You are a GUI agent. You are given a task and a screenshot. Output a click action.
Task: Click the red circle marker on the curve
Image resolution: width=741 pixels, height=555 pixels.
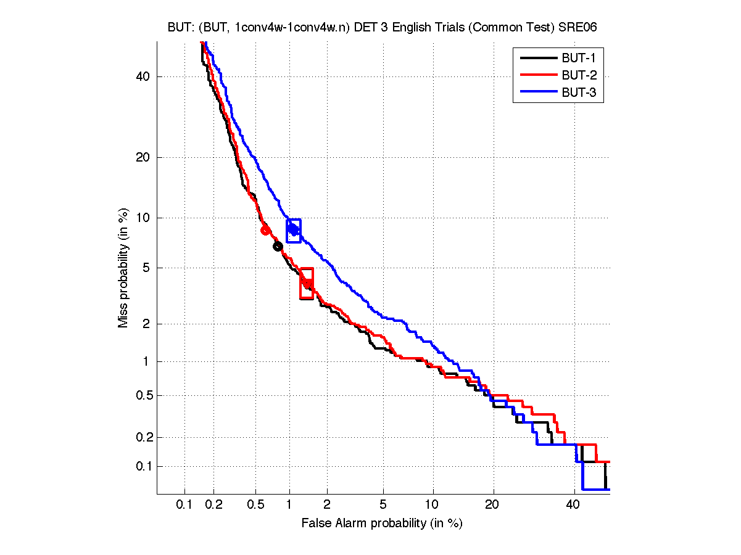pyautogui.click(x=265, y=230)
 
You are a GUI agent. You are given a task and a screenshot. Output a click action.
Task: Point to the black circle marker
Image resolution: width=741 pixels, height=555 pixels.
pyautogui.click(x=278, y=246)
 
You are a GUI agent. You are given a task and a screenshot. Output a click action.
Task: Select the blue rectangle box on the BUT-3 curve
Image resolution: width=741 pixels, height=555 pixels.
pyautogui.click(x=294, y=231)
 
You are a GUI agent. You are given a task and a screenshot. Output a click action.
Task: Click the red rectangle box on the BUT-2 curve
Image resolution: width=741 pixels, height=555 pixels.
pyautogui.click(x=307, y=284)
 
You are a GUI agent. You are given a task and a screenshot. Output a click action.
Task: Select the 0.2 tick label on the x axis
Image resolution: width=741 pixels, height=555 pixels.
pyautogui.click(x=213, y=505)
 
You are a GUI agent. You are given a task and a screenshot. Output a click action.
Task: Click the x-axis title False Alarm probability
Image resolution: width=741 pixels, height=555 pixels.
pyautogui.click(x=382, y=524)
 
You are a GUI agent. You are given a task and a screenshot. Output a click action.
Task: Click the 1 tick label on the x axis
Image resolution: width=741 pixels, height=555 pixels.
pyautogui.click(x=289, y=505)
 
